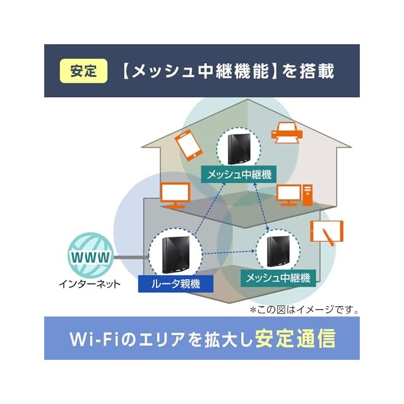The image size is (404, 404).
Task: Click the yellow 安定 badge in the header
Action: (83, 71)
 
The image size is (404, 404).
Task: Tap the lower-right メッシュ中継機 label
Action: (277, 277)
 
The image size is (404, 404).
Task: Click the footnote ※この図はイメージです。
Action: (304, 310)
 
